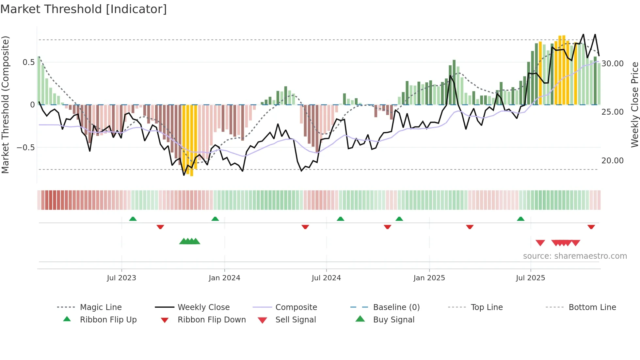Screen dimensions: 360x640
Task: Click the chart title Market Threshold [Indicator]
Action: click(x=84, y=9)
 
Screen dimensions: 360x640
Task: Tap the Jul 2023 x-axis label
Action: click(x=121, y=278)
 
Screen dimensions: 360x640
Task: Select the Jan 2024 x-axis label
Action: click(x=224, y=278)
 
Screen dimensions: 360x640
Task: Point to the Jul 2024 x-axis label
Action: click(x=326, y=278)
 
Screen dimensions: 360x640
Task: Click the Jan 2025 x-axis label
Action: click(x=429, y=278)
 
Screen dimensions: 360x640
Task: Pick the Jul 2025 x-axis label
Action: click(x=531, y=278)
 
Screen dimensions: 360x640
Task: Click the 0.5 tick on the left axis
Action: click(x=28, y=62)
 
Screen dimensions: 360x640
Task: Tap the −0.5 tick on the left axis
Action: click(x=25, y=148)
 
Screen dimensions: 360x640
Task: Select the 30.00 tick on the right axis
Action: click(x=613, y=64)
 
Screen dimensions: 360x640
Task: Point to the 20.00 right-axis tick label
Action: click(x=613, y=161)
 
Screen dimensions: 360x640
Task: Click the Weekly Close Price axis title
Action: click(x=634, y=105)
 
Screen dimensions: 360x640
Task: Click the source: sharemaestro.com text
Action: click(x=575, y=256)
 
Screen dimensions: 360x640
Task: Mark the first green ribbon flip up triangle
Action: click(x=133, y=219)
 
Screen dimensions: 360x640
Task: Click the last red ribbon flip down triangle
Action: click(x=591, y=227)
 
